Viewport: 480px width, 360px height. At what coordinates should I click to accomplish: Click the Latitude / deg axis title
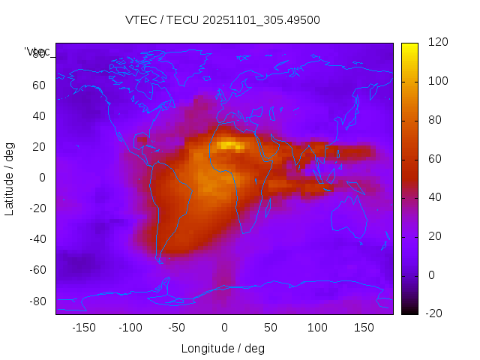10,178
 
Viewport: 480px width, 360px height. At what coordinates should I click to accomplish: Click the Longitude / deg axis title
223,348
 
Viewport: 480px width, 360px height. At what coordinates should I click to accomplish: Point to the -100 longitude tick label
130,328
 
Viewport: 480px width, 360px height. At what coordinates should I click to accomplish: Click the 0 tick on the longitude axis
223,328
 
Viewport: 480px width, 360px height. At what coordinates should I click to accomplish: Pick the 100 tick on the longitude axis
317,328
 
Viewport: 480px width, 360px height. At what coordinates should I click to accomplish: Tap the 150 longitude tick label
364,328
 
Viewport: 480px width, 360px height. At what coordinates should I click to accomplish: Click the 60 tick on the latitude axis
39,85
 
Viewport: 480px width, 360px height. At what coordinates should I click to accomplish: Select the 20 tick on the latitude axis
39,146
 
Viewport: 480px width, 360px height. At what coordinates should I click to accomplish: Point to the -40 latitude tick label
37,239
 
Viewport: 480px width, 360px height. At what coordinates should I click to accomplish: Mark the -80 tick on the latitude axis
37,301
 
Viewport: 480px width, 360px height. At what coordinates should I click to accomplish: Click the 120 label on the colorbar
417,42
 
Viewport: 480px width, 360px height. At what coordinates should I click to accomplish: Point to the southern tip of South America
160,261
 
